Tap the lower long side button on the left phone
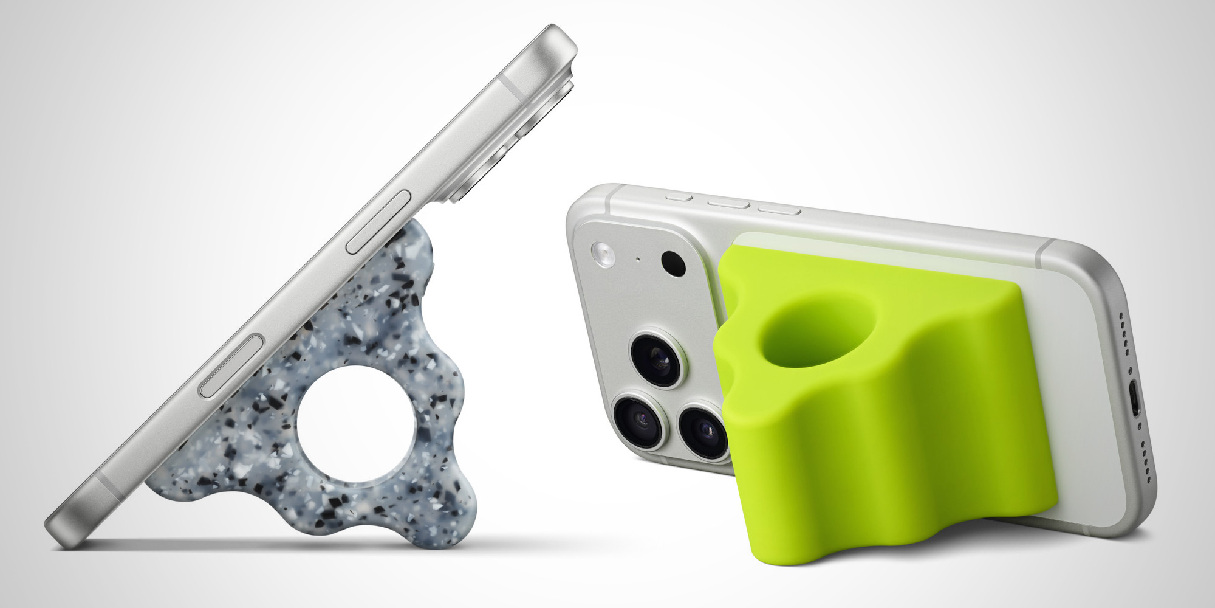tap(232, 367)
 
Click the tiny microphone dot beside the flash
tap(638, 260)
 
